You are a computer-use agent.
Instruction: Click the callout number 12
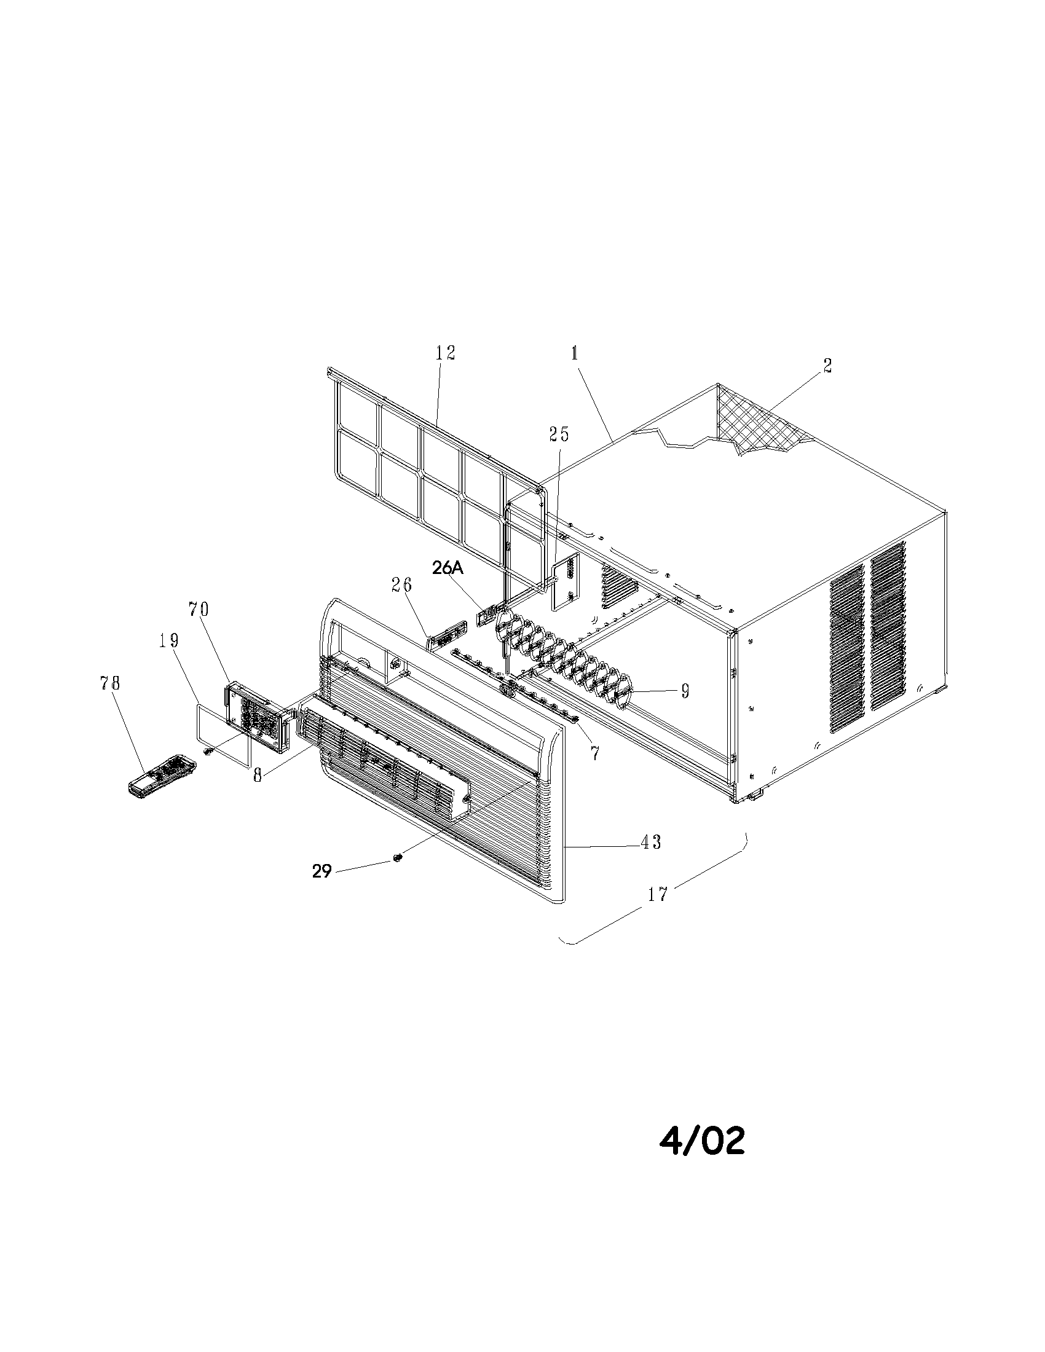coord(446,353)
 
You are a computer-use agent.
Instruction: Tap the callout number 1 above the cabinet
coord(575,353)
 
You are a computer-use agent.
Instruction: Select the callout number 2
coord(827,366)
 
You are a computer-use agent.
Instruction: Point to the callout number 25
coord(558,434)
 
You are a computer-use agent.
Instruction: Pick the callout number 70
coord(199,610)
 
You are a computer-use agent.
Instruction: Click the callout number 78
coord(109,683)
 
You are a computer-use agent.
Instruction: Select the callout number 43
coord(650,842)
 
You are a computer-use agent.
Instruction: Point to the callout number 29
coord(322,871)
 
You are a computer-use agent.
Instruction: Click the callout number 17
coord(658,894)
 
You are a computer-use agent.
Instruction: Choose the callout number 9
coord(685,691)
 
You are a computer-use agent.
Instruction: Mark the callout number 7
coord(594,753)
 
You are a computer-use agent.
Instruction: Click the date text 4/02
coord(701,1139)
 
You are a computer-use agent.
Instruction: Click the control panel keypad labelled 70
coord(257,716)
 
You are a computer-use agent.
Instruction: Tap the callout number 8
coord(258,774)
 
